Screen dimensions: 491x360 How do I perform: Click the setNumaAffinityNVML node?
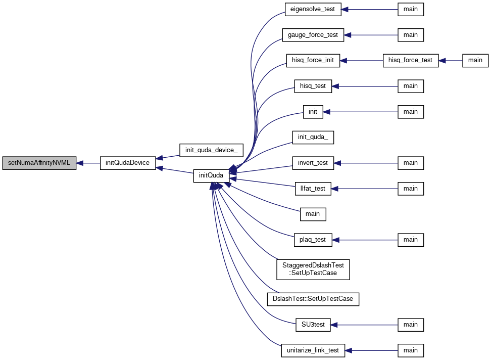(39, 163)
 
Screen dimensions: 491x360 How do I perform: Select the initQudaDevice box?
(128, 163)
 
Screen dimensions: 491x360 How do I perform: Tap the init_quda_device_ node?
(211, 150)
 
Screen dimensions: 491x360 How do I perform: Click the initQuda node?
(211, 176)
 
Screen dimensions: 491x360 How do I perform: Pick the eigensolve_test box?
(313, 10)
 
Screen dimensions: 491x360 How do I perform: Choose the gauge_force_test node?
(313, 35)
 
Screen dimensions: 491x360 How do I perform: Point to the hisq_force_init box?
(313, 61)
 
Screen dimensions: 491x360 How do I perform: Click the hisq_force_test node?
(411, 61)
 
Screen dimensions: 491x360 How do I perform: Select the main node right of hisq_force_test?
(475, 61)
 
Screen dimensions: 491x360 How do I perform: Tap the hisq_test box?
(313, 86)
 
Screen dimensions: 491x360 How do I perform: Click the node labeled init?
(313, 112)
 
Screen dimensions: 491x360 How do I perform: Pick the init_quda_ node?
(313, 138)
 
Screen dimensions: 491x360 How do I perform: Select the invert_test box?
(313, 163)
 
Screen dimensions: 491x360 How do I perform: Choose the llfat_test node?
(313, 189)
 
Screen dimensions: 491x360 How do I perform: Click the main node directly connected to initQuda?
(313, 214)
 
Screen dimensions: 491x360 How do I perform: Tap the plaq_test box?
(313, 240)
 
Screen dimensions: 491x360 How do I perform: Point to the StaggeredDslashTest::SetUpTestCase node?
(313, 269)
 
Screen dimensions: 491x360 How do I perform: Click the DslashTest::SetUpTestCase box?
(313, 299)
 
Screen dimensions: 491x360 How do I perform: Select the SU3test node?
(313, 325)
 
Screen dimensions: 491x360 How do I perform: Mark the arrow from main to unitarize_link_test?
(371, 350)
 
